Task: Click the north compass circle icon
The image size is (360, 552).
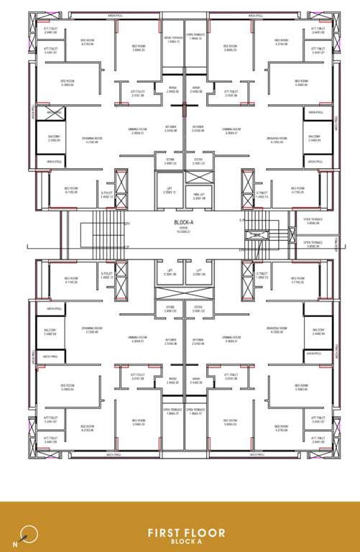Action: (x=29, y=533)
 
